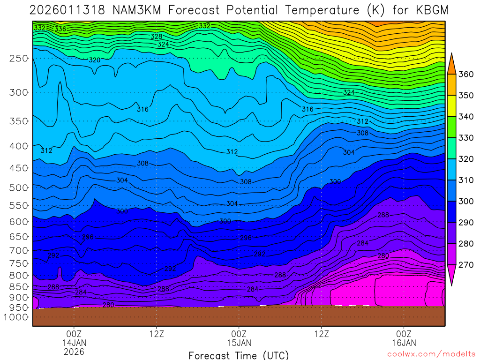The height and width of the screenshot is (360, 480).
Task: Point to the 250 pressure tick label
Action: [18, 58]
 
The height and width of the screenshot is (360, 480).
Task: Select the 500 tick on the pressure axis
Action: [18, 187]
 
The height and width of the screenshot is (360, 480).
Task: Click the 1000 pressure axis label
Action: [16, 317]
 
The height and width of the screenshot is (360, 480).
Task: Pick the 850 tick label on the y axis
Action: [18, 286]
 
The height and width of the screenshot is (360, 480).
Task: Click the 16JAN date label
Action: [404, 343]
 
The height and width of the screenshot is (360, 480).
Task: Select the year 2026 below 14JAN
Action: [74, 351]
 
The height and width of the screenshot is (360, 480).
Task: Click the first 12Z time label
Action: [156, 334]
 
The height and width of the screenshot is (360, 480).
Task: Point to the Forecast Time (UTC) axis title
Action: [239, 355]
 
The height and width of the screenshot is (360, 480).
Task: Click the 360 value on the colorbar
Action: [466, 74]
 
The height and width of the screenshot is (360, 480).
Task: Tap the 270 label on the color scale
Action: [466, 265]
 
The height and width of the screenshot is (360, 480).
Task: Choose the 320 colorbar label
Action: [466, 159]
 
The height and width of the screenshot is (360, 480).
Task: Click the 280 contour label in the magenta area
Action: [383, 256]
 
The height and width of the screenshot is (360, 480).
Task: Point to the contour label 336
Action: [60, 29]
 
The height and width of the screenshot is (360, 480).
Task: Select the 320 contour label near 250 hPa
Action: [95, 60]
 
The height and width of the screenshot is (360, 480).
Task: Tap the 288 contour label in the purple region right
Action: [383, 215]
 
